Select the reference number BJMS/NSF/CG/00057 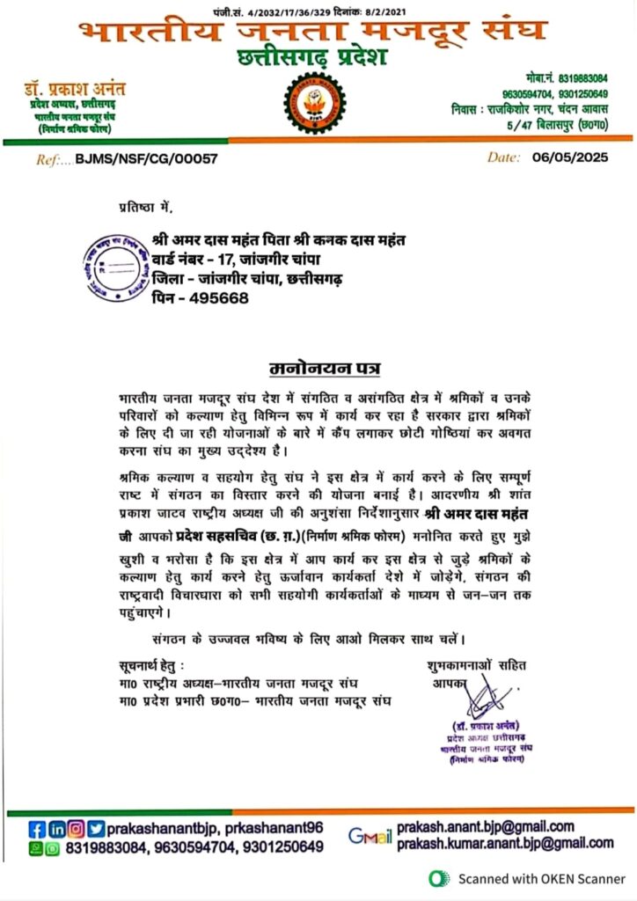click(146, 159)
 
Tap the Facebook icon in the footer click(37, 829)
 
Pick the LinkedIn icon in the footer click(56, 829)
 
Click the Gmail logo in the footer click(370, 836)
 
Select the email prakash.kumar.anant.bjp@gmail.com click(505, 844)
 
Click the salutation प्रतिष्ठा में click(147, 207)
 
